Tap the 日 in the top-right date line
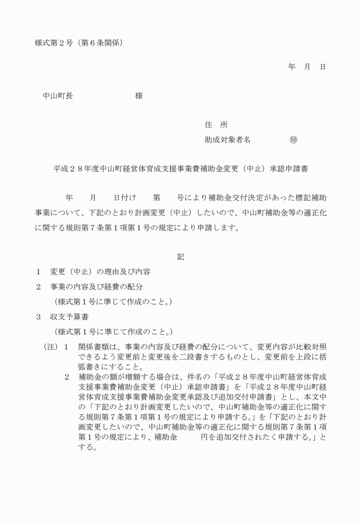tap(322, 67)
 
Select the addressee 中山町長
tap(58, 96)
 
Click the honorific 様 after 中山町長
tap(139, 96)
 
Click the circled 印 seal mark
tap(293, 139)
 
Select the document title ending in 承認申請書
tap(182, 169)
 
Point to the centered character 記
tap(181, 257)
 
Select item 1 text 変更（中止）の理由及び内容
tap(100, 271)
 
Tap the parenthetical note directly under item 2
tap(113, 301)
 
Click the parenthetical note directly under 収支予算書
tap(113, 332)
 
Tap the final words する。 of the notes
tap(86, 449)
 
